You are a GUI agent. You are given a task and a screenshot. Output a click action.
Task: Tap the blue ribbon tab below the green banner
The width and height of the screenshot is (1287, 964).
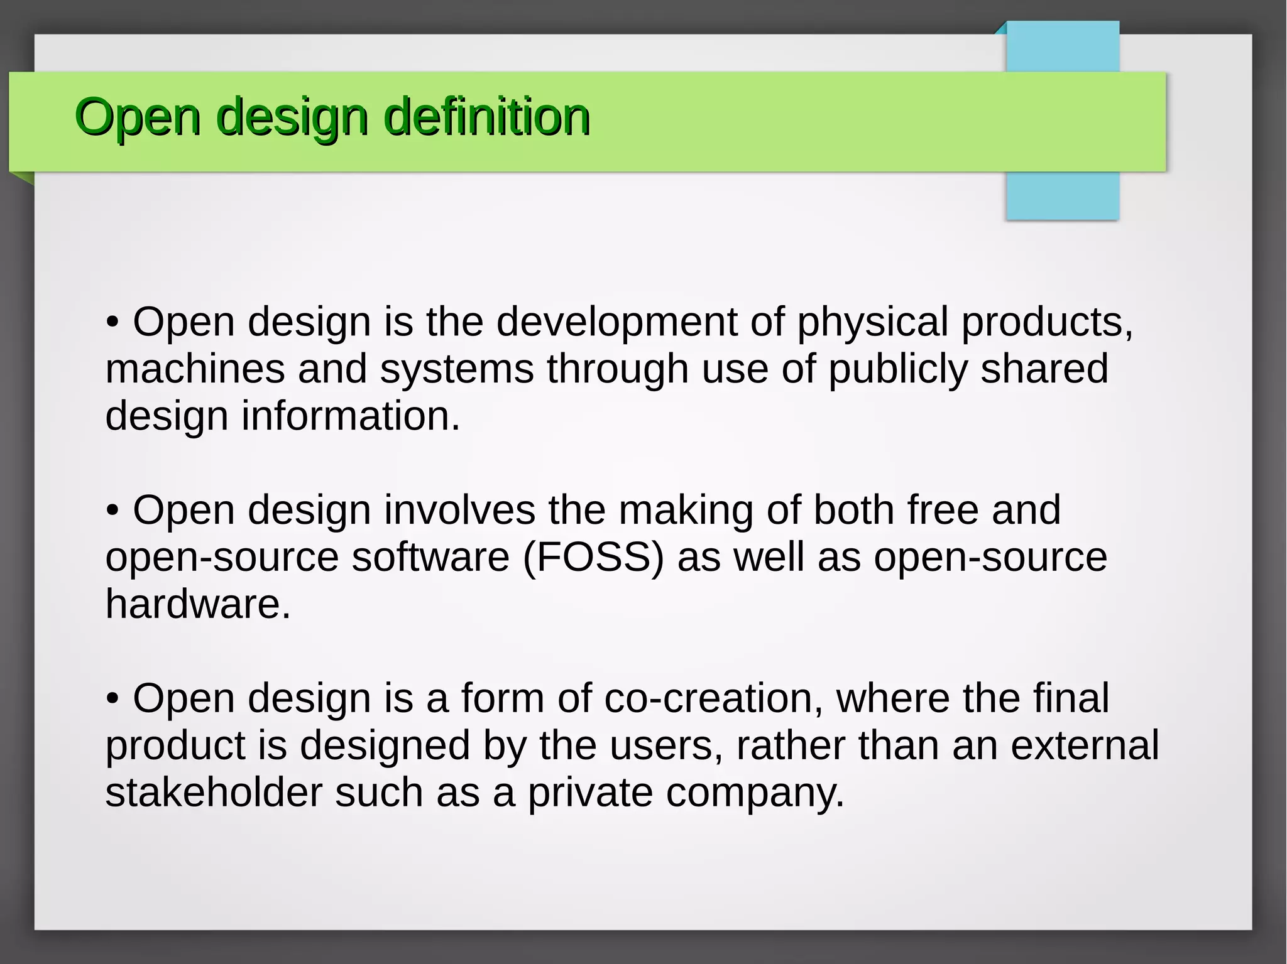pos(1062,195)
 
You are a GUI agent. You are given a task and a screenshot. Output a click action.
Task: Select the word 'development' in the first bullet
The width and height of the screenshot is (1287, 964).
pos(616,322)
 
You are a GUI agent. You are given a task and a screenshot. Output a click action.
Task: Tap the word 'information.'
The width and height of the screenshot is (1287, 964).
pos(351,416)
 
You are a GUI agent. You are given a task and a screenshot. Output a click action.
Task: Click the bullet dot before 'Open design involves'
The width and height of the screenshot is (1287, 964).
pos(112,511)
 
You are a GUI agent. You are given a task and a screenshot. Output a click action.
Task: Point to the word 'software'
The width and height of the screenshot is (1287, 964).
pos(430,557)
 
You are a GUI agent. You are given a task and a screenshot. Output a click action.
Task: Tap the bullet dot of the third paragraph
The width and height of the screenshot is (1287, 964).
pos(112,698)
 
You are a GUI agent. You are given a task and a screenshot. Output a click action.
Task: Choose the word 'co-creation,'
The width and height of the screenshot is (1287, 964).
pos(713,698)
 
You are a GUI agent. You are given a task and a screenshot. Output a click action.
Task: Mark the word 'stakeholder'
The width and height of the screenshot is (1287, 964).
pos(213,792)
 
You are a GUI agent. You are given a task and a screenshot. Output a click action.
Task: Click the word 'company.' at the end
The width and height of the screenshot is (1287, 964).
pos(755,793)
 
